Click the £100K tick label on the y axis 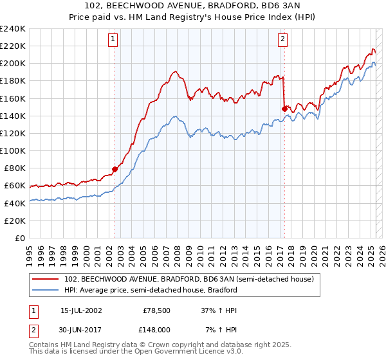point(12,150)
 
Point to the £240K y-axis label point(12,29)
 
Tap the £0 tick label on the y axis point(19,238)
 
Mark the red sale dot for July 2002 point(115,169)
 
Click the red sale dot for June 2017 point(284,109)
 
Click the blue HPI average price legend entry point(151,290)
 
